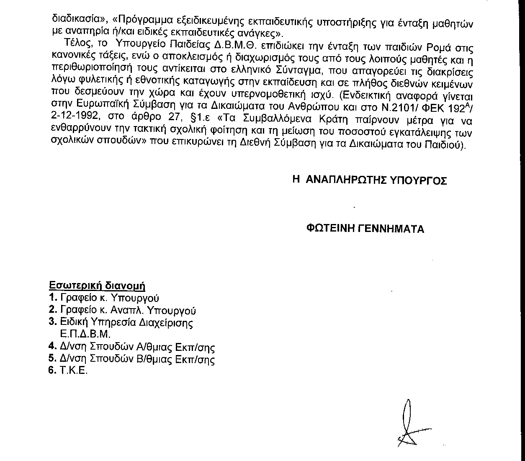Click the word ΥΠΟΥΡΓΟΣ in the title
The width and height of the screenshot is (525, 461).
click(420, 180)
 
